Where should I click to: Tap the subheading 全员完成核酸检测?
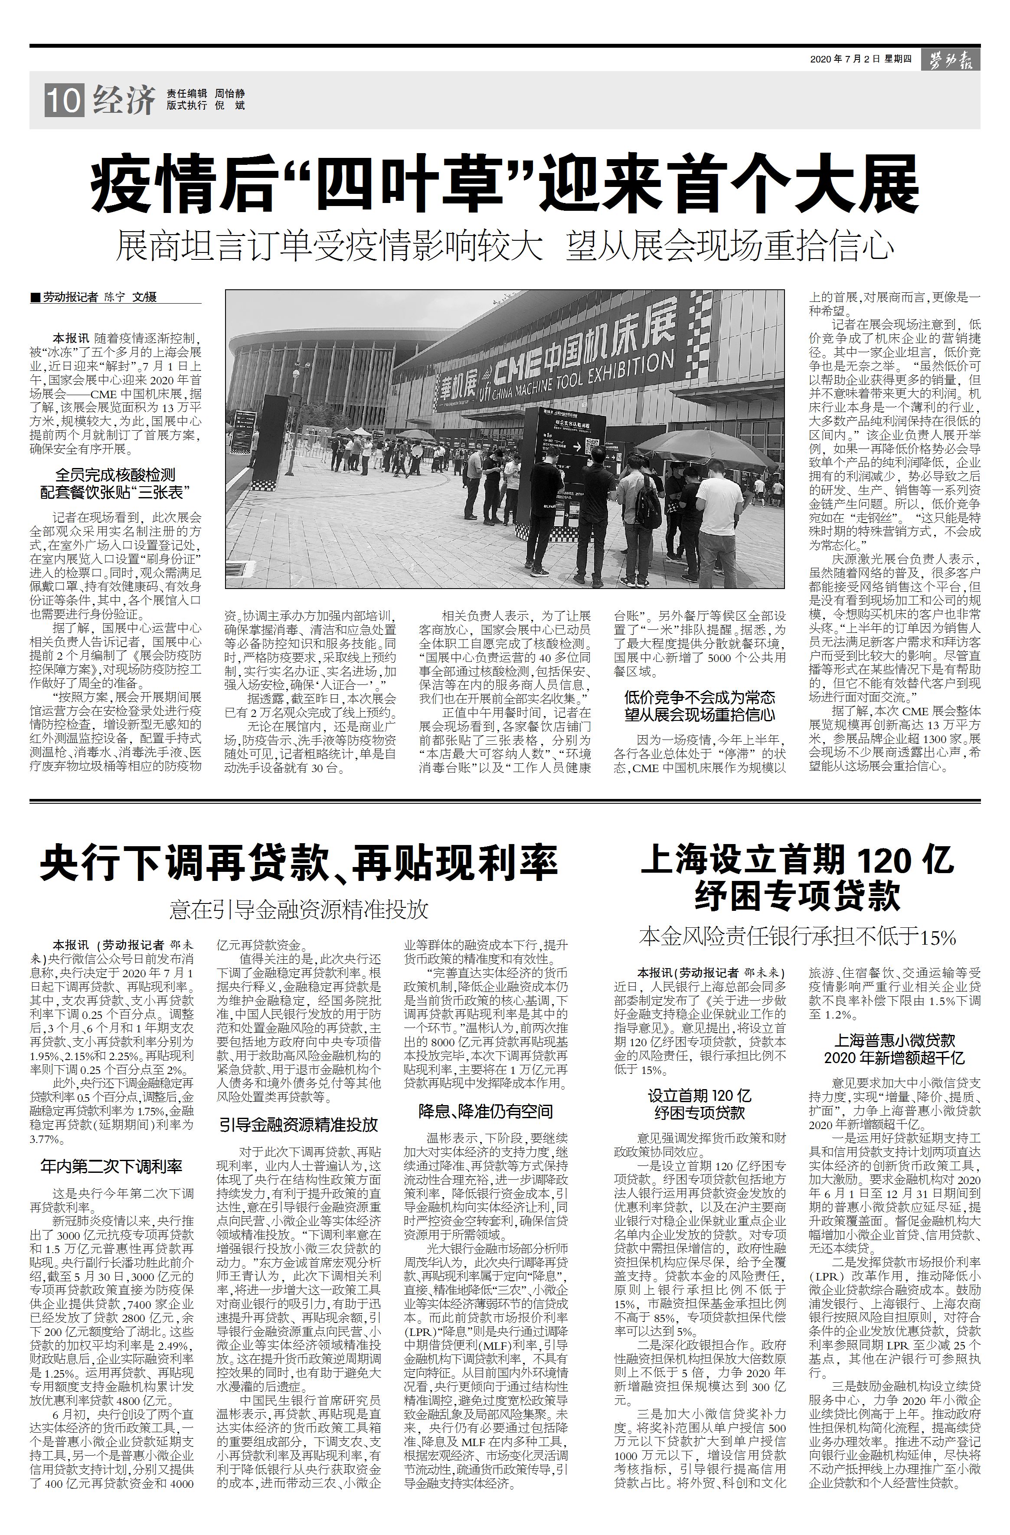115,475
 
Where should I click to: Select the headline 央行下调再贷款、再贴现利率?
298,863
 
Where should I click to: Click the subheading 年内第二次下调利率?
111,1166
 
